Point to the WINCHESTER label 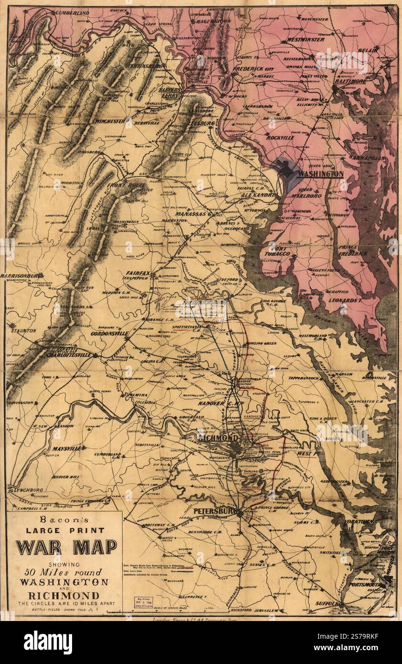114,121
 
